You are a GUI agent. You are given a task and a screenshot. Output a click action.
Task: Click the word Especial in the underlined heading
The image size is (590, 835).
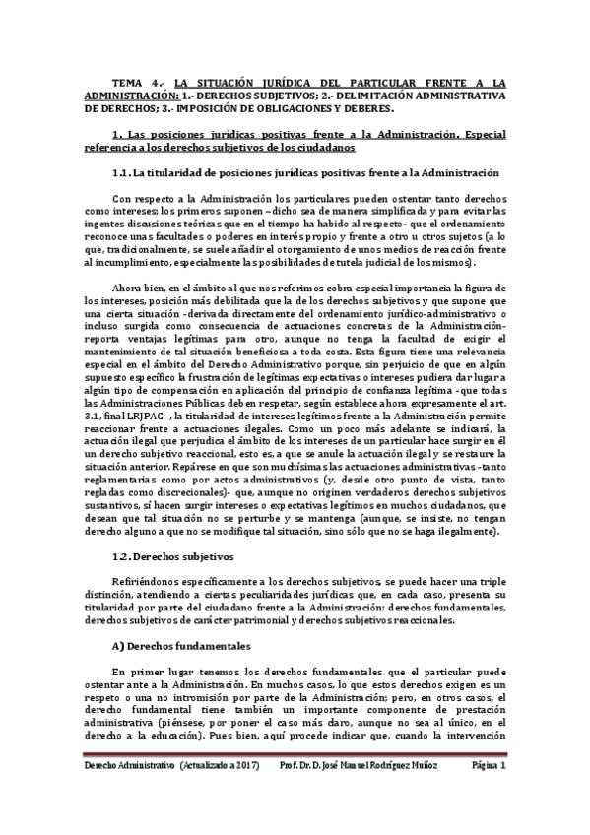click(x=480, y=134)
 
